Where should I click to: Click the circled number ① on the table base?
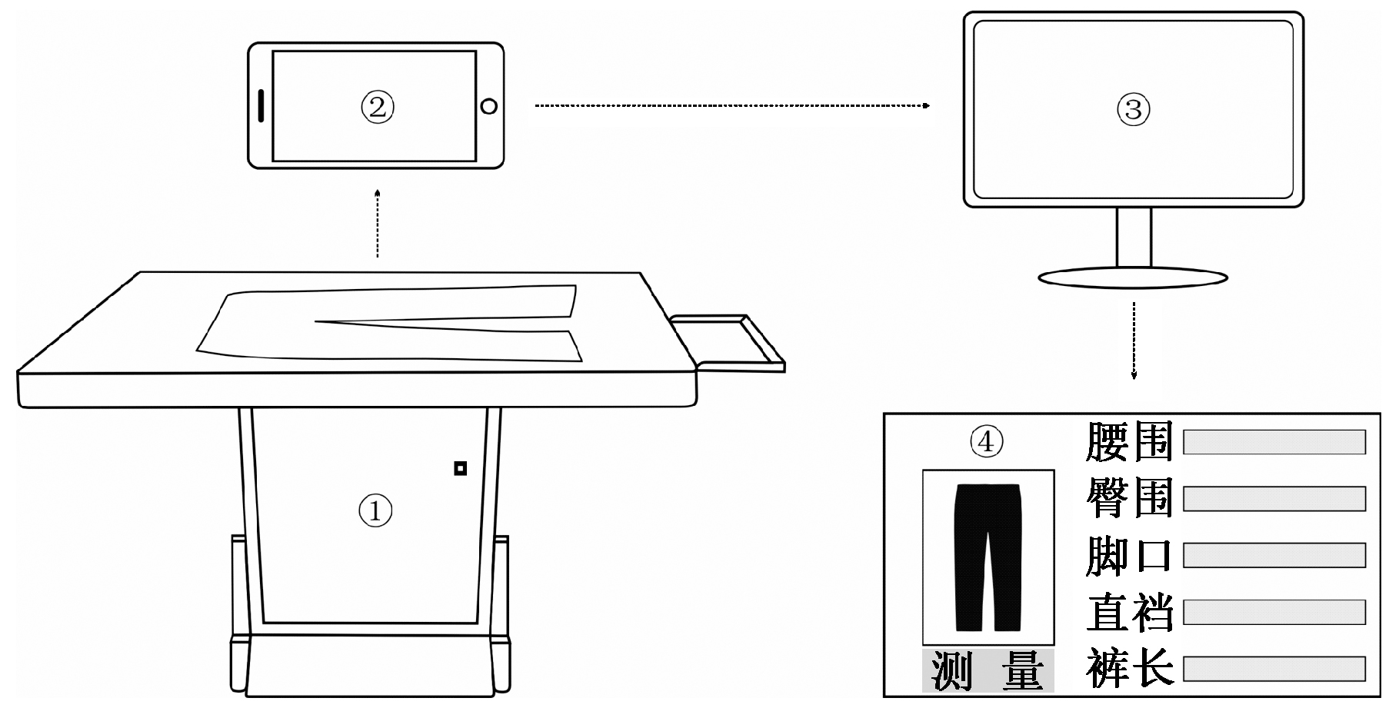[375, 510]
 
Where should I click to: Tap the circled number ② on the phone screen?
[377, 107]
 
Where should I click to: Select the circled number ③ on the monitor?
[1133, 109]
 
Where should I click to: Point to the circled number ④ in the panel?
[987, 441]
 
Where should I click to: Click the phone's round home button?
[489, 106]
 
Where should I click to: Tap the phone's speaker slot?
[261, 106]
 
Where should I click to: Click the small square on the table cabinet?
[460, 468]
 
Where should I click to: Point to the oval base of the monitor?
[1133, 278]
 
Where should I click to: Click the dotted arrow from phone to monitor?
[731, 105]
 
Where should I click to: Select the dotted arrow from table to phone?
[377, 223]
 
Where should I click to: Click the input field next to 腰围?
[1274, 442]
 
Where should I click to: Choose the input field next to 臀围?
[1274, 498]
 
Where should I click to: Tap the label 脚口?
[1129, 556]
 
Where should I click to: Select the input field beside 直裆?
[1274, 613]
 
